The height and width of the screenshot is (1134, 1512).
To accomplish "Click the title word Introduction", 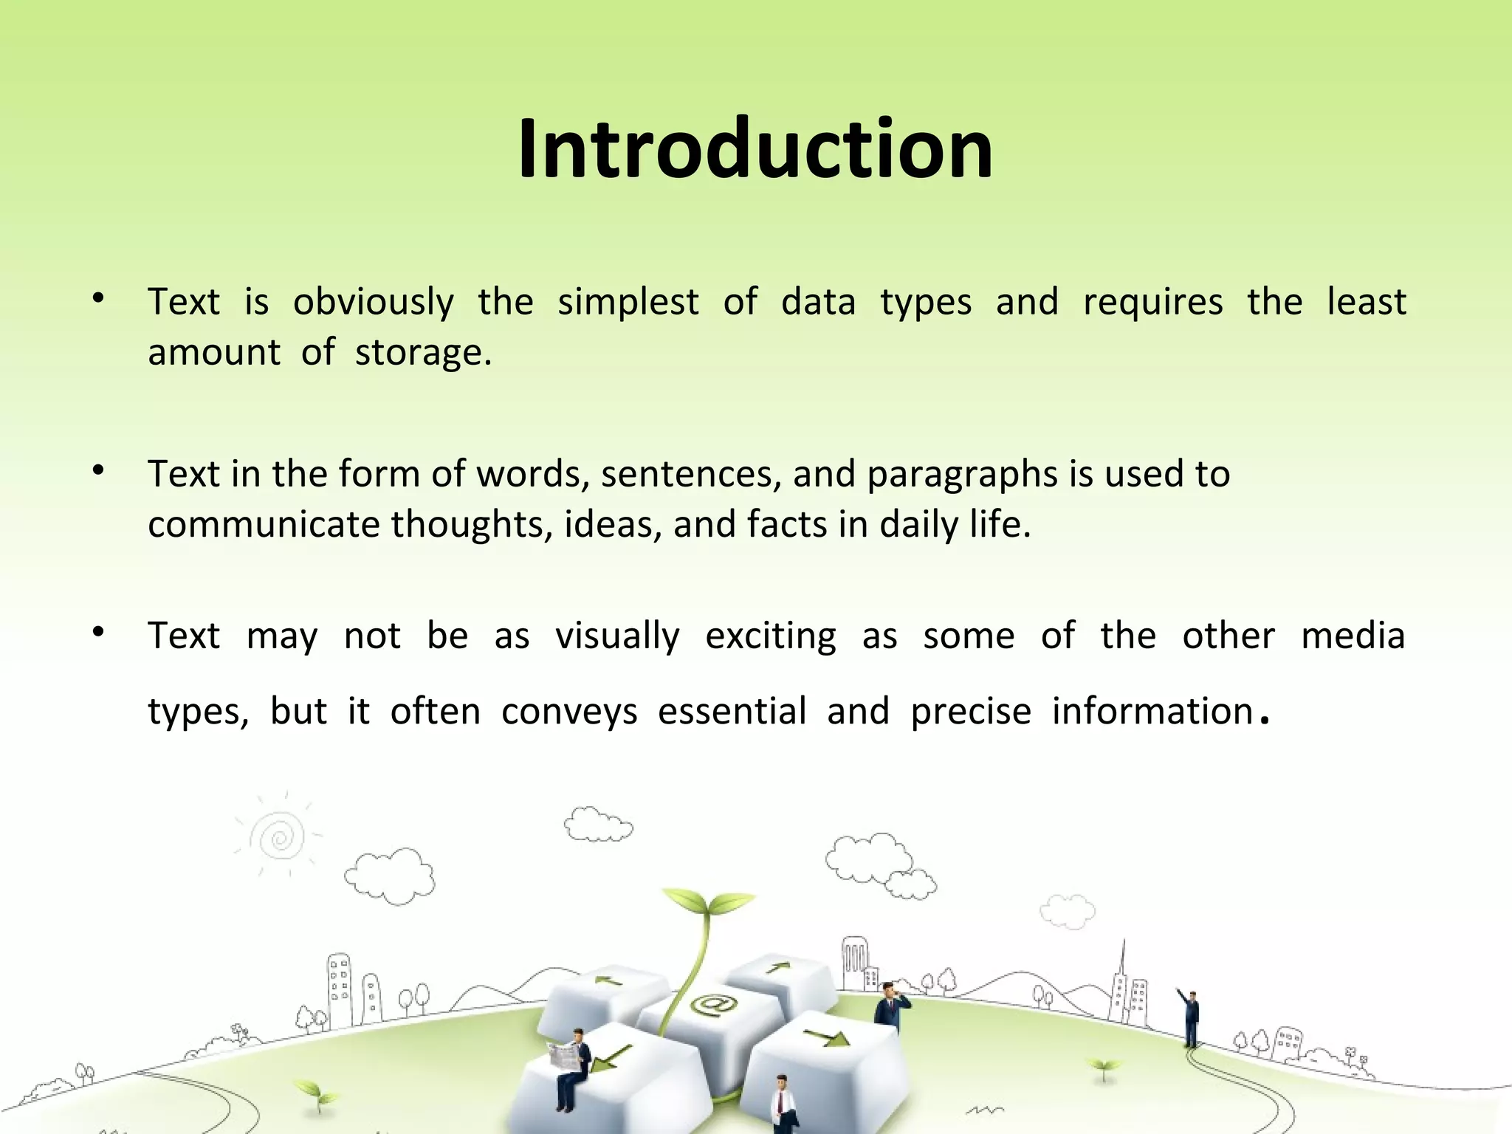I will (755, 149).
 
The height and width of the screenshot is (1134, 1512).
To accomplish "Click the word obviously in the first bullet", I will (374, 303).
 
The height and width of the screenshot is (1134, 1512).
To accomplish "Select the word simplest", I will (628, 303).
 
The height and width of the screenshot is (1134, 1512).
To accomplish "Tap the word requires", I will (1152, 303).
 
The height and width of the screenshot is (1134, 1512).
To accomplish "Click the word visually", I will (617, 636).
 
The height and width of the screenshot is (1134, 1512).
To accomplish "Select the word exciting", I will (771, 636).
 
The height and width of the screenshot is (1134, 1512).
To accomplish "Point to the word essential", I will (732, 712).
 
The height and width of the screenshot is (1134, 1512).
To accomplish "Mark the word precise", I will (970, 712).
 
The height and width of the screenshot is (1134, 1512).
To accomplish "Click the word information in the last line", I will (1152, 712).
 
